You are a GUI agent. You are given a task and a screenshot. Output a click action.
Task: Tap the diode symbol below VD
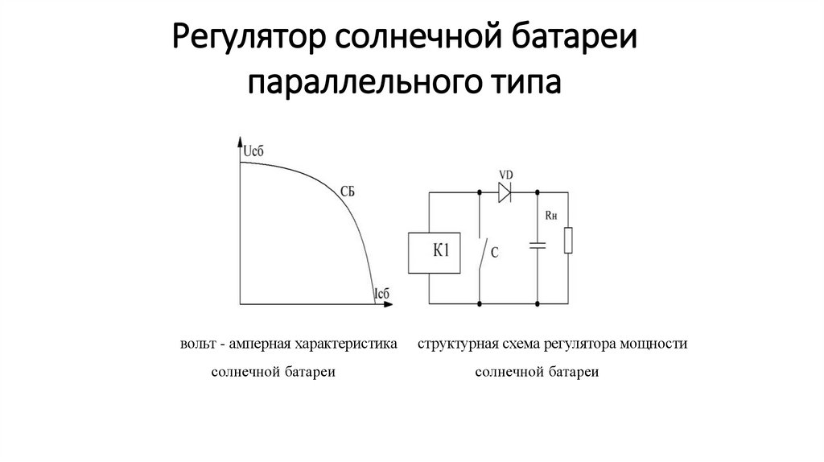pos(505,192)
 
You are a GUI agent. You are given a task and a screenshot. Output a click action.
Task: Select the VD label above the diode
pos(506,174)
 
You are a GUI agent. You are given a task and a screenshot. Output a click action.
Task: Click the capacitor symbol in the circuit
pos(536,245)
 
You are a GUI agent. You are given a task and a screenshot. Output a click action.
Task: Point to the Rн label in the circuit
pos(551,215)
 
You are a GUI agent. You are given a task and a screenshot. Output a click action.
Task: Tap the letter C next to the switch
pos(495,254)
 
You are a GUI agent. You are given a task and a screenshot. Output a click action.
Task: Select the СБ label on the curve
pos(347,191)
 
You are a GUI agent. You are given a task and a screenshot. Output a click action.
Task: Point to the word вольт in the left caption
pos(197,344)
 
